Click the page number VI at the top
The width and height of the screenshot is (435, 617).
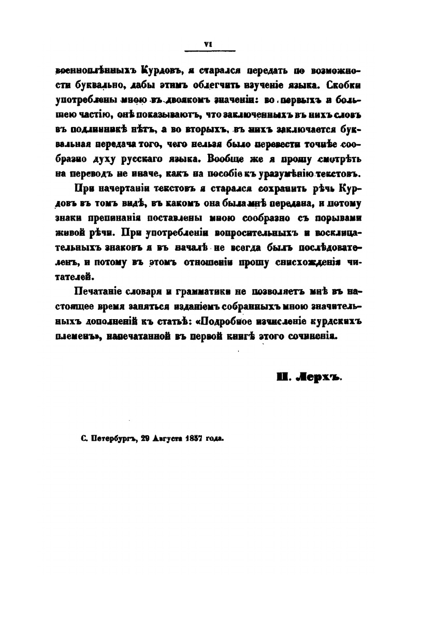pos(209,45)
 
